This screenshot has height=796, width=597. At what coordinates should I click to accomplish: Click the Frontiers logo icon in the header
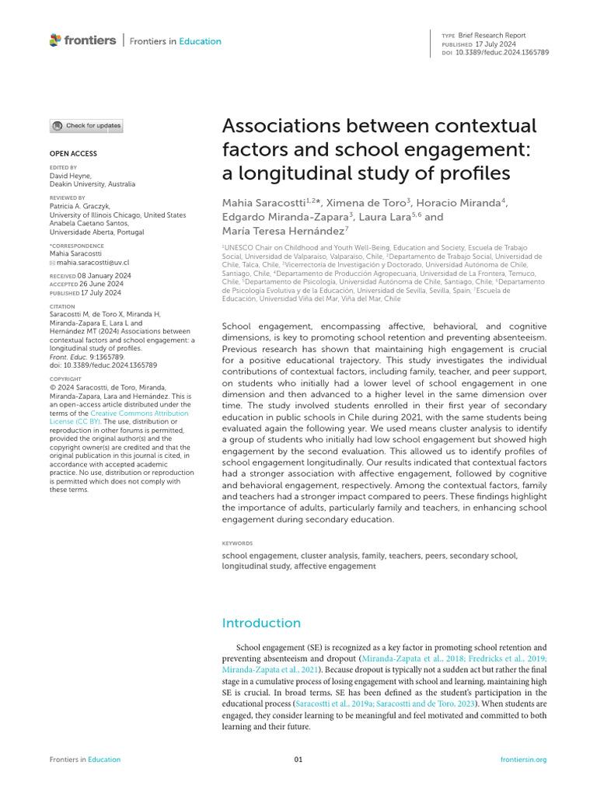coord(54,40)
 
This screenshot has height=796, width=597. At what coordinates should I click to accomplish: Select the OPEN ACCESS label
coord(73,154)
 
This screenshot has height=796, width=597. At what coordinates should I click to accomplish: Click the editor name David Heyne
coord(70,176)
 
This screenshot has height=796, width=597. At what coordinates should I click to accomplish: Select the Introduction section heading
coord(261,623)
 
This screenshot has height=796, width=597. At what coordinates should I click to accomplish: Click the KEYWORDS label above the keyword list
coord(237,543)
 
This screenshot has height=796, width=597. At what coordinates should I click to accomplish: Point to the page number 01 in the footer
coord(298,759)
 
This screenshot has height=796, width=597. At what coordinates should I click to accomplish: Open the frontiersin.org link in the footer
coord(524,759)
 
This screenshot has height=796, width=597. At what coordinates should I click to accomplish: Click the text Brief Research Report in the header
coord(493,36)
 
